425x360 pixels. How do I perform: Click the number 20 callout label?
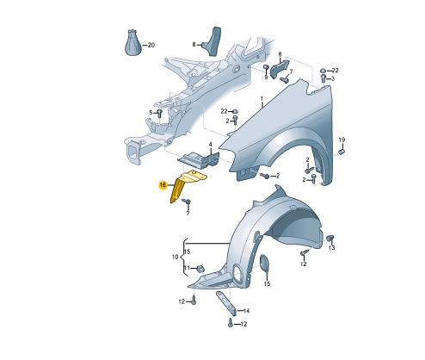click(x=151, y=45)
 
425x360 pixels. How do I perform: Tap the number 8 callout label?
click(x=194, y=45)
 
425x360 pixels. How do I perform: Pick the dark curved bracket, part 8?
click(x=212, y=41)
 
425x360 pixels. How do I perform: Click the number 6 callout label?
click(x=280, y=54)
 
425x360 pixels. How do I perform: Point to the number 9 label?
click(x=266, y=78)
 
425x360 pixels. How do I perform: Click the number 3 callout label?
click(x=333, y=78)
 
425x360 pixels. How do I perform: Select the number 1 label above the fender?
click(x=262, y=99)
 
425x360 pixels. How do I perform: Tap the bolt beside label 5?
click(x=159, y=113)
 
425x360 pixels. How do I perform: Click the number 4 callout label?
click(x=210, y=145)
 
